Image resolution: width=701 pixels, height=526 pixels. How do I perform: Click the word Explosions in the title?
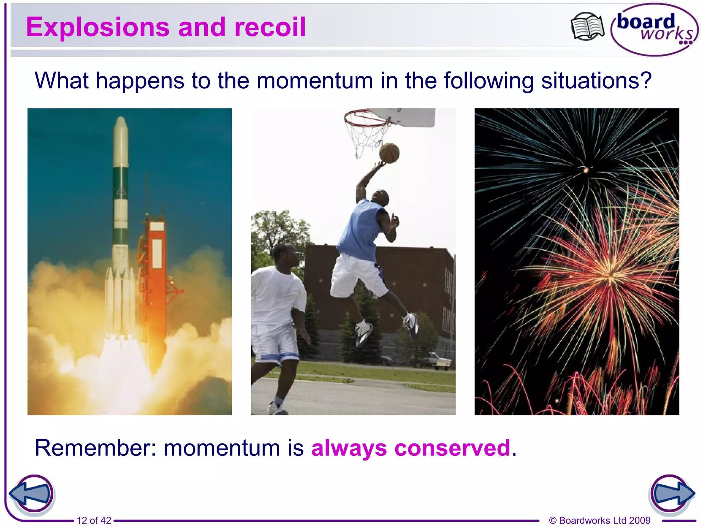[x=98, y=27]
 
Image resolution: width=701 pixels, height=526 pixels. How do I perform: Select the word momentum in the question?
[x=315, y=81]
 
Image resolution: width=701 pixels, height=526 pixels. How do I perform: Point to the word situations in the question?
[x=596, y=81]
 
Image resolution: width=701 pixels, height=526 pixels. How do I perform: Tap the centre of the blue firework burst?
[x=585, y=170]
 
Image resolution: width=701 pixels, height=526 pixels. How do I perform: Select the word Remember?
[x=95, y=448]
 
